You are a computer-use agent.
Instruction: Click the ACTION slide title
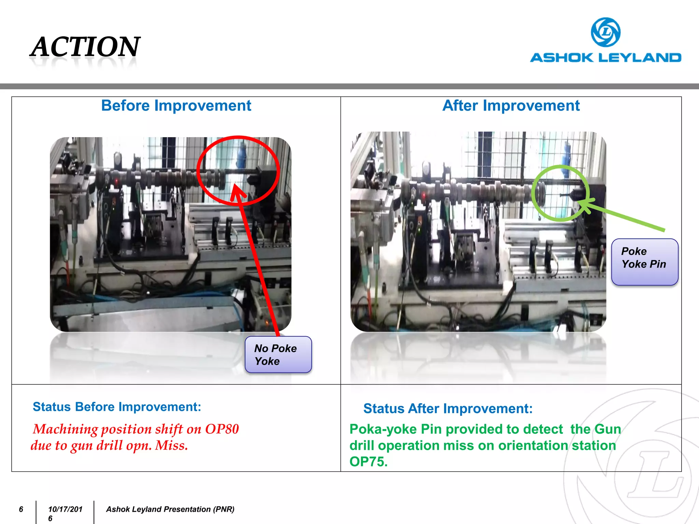[x=85, y=47]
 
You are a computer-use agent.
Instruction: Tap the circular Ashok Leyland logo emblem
[x=605, y=32]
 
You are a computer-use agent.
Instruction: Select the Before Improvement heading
[x=176, y=106]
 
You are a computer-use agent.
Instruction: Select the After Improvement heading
[x=511, y=106]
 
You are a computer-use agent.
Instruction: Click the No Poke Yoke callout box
[x=278, y=355]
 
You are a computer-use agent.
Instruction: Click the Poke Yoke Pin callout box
[x=644, y=262]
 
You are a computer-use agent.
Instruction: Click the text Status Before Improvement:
[x=117, y=407]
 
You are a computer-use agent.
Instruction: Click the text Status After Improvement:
[x=448, y=408]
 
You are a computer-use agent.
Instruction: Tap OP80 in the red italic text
[x=222, y=429]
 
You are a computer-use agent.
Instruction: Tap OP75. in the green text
[x=369, y=462]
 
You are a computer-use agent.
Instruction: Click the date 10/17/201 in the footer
[x=65, y=509]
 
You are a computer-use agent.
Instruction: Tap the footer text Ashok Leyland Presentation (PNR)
[x=170, y=509]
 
